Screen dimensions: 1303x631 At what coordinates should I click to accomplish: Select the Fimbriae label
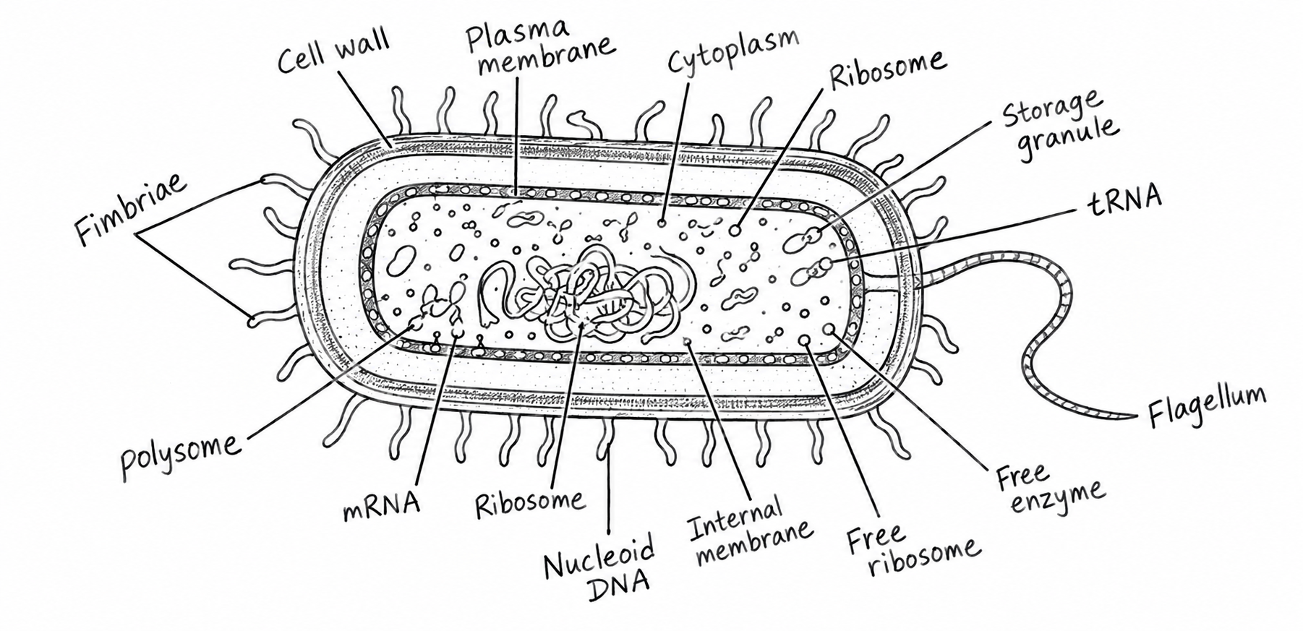pos(131,209)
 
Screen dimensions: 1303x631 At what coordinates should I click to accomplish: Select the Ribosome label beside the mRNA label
pos(529,501)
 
